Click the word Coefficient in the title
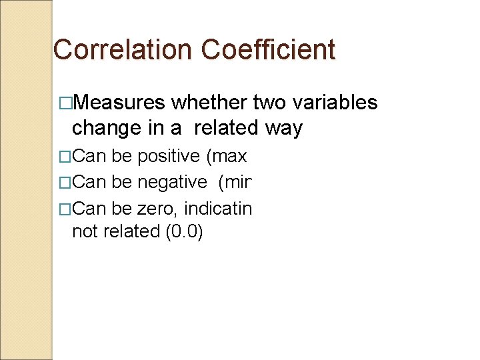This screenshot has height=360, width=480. click(267, 50)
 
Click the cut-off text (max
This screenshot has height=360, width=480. click(227, 157)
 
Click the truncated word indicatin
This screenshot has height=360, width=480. click(218, 209)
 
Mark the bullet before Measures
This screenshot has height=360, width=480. click(65, 103)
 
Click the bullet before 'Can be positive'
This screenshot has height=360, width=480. click(65, 157)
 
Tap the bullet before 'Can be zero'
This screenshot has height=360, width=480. click(65, 209)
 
